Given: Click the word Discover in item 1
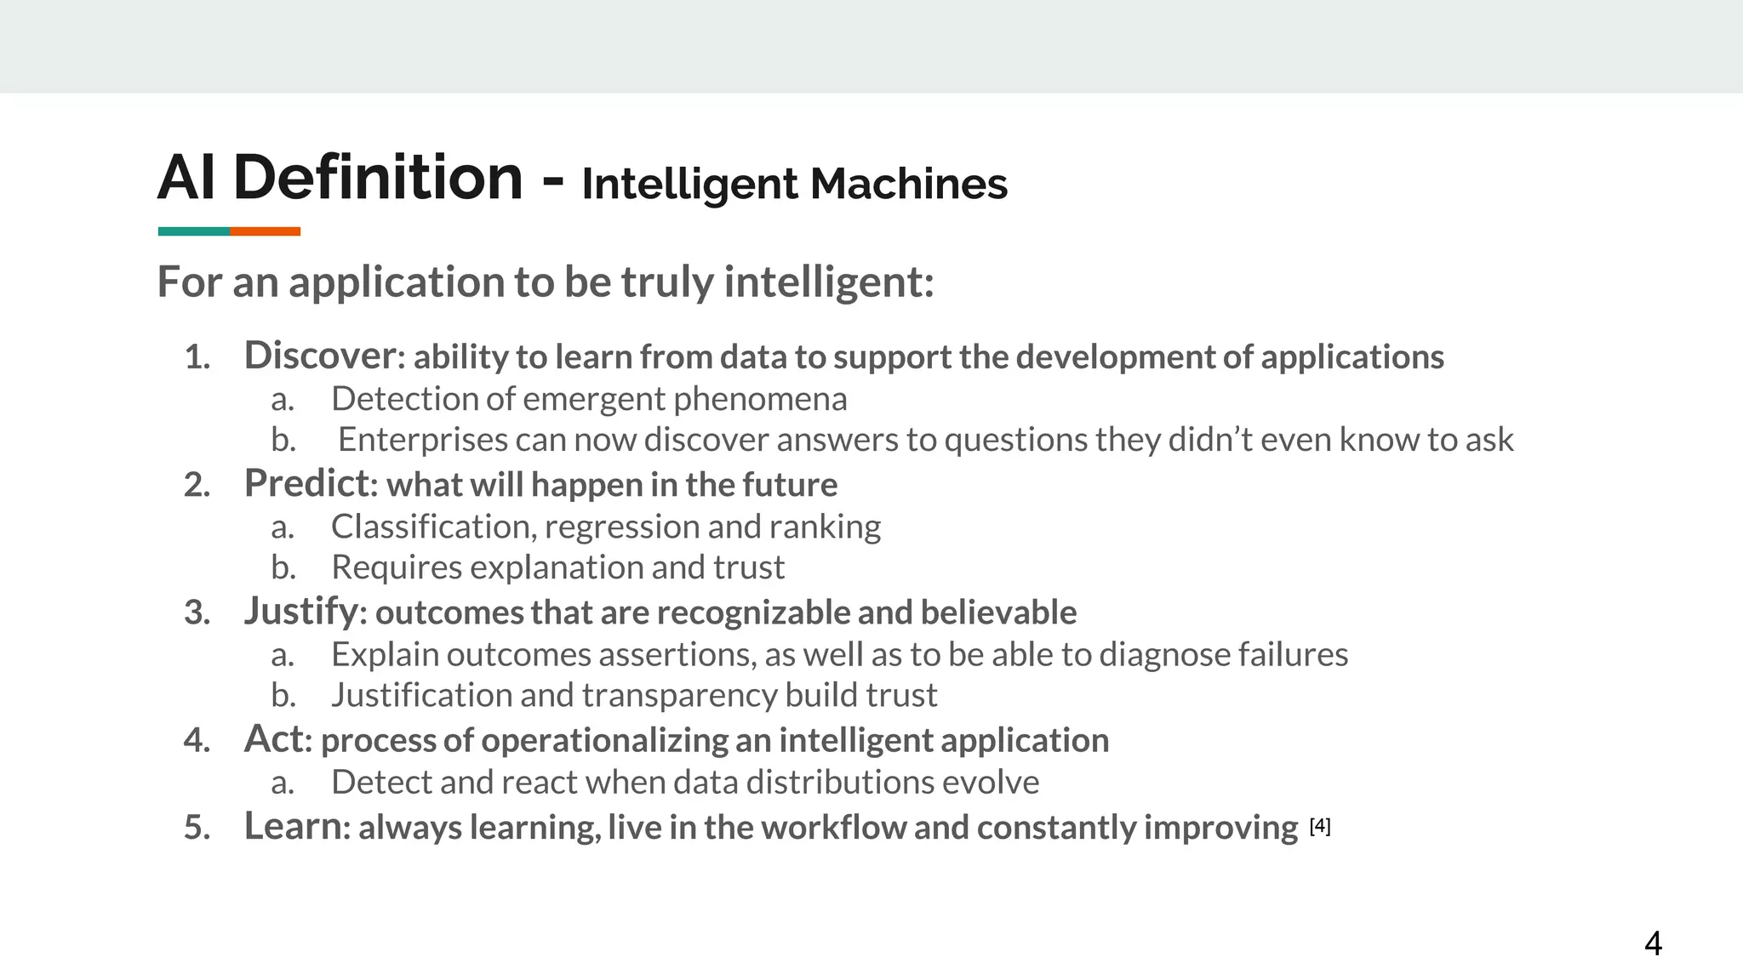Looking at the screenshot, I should pyautogui.click(x=320, y=356).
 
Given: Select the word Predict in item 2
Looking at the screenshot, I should pyautogui.click(x=307, y=483).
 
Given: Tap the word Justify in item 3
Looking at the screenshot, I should pyautogui.click(x=300, y=612).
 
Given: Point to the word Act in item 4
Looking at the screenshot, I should pyautogui.click(x=273, y=739).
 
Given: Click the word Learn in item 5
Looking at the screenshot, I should pyautogui.click(x=293, y=826).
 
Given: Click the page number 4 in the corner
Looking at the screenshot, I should pyautogui.click(x=1653, y=943).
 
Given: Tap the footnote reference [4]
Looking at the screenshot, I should pyautogui.click(x=1320, y=825).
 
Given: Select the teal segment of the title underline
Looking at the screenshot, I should pyautogui.click(x=193, y=231).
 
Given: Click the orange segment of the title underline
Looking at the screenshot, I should pyautogui.click(x=265, y=231).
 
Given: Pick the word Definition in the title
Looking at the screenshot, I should pyautogui.click(x=378, y=178).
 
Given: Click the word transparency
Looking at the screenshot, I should pyautogui.click(x=679, y=695).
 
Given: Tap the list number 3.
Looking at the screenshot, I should pyautogui.click(x=197, y=612).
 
